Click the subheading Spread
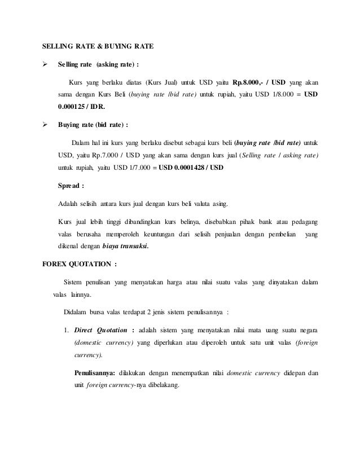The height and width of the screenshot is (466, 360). (x=71, y=184)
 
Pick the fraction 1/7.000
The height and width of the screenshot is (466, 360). (x=137, y=168)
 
